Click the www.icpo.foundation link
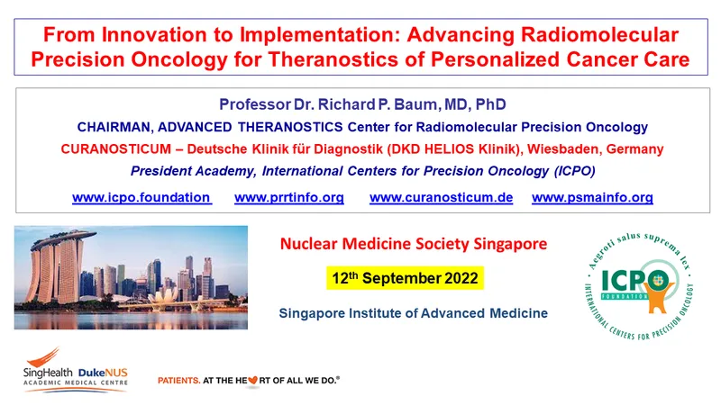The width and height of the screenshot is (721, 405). coord(141,197)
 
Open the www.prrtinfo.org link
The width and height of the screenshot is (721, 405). coord(289,197)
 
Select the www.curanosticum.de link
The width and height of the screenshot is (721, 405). coord(441,197)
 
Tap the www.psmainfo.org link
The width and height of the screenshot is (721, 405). coord(592,197)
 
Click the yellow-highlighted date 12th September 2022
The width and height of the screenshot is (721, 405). coord(405,278)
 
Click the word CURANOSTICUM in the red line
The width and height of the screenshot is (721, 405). coord(116,148)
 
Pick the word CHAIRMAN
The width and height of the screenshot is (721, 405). coord(114,127)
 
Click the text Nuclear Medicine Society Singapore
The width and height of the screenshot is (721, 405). coord(414,243)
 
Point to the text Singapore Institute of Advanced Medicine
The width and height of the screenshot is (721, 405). coord(414,313)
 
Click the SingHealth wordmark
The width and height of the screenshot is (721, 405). coord(48,373)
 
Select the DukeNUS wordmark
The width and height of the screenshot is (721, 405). coord(103,373)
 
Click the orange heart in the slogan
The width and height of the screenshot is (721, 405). coord(253,380)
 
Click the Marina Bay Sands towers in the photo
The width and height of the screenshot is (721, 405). coord(59,266)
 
